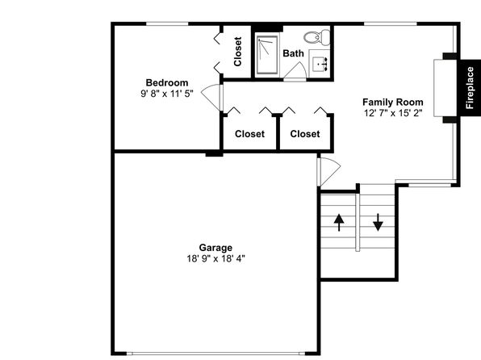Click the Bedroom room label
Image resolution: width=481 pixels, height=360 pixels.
pyautogui.click(x=167, y=82)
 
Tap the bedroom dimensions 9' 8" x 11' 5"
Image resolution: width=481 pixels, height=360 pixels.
pyautogui.click(x=167, y=94)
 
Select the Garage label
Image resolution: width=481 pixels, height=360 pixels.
pyautogui.click(x=215, y=247)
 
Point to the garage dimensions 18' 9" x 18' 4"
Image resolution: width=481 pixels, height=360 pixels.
pyautogui.click(x=216, y=259)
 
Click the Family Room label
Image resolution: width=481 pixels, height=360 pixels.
pyautogui.click(x=393, y=102)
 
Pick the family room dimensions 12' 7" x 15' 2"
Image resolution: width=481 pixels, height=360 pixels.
pyautogui.click(x=393, y=113)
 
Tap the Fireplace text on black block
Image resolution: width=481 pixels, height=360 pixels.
pyautogui.click(x=470, y=88)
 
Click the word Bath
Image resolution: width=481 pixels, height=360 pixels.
pyautogui.click(x=293, y=53)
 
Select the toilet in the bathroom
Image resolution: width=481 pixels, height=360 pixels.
pyautogui.click(x=317, y=37)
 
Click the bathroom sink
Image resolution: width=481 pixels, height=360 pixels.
pyautogui.click(x=320, y=63)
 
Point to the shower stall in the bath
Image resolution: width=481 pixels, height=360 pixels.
pyautogui.click(x=267, y=55)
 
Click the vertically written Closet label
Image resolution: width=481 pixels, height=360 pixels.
pyautogui.click(x=238, y=52)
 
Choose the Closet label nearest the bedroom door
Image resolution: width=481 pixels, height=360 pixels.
pyautogui.click(x=249, y=134)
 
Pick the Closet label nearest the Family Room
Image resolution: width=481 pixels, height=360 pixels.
pyautogui.click(x=305, y=134)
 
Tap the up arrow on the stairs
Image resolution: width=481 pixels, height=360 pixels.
pyautogui.click(x=339, y=223)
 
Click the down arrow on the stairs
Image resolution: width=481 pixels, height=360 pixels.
pyautogui.click(x=378, y=222)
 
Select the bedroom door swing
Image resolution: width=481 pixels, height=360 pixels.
pyautogui.click(x=212, y=97)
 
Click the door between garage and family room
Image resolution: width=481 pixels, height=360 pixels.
pyautogui.click(x=328, y=172)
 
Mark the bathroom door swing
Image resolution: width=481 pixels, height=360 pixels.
pyautogui.click(x=295, y=71)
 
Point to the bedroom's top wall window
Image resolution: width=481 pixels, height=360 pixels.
pyautogui.click(x=167, y=23)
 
